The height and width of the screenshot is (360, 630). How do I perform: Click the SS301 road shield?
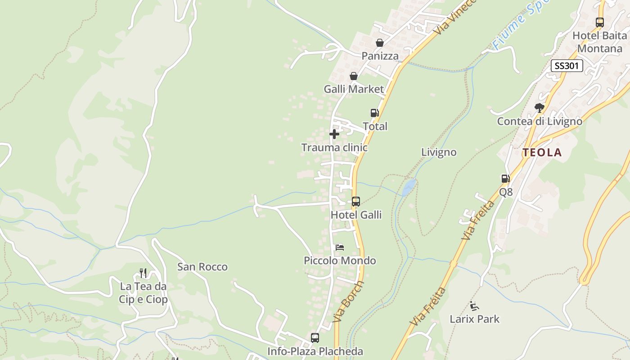point(567,66)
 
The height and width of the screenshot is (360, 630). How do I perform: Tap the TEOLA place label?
point(542,153)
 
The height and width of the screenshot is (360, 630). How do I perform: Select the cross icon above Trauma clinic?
point(334,134)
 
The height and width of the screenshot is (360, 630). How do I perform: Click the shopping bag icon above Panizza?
point(380,43)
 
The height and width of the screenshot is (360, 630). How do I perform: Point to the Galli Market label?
point(354,89)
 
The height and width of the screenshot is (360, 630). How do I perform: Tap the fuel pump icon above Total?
point(374,113)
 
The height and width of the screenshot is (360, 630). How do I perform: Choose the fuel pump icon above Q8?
point(506,179)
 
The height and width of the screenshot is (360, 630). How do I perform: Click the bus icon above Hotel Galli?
point(356,202)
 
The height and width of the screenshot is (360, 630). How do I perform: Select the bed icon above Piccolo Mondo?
point(340,247)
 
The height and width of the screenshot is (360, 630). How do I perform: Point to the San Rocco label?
point(202,267)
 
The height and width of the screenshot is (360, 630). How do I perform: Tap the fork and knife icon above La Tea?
point(143,273)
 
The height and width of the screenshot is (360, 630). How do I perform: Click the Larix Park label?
point(475,319)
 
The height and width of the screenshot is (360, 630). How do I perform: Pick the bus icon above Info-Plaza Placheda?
point(315,337)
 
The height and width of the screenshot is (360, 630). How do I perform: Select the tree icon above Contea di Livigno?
point(539,108)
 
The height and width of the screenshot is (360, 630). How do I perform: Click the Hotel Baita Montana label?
point(599,42)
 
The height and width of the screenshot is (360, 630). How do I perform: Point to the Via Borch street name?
point(349,301)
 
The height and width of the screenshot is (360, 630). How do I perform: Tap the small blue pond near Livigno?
point(409,187)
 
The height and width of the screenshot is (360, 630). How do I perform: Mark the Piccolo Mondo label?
point(340,261)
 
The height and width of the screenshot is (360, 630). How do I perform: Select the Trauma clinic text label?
point(334,148)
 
